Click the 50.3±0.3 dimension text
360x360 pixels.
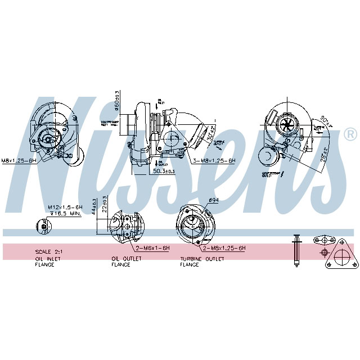tap(164, 171)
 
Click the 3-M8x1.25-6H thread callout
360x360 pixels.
tap(214, 160)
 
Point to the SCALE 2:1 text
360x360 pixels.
tap(48, 251)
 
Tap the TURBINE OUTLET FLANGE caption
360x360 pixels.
tap(202, 261)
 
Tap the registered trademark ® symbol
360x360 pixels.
tap(349, 134)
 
